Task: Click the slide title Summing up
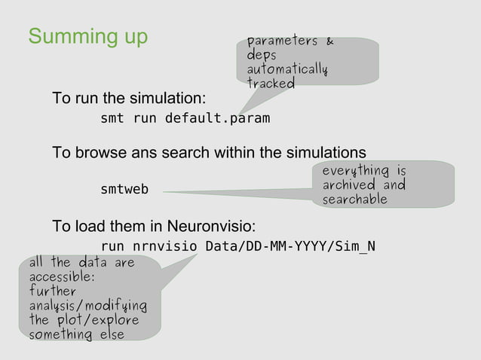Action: pos(87,36)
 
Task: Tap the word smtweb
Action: pos(124,190)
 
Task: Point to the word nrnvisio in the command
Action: pos(164,246)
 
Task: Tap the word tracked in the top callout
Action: pos(270,84)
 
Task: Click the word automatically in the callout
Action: pos(286,70)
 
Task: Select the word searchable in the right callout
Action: pos(354,200)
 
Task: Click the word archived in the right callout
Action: pos(348,185)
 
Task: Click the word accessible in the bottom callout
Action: pos(62,277)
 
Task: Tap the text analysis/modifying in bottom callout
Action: pos(87,306)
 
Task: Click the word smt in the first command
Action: pos(112,118)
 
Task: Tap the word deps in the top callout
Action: pos(261,56)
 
